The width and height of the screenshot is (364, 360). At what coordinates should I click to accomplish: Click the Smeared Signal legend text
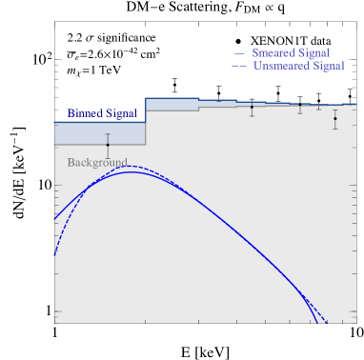(x=291, y=52)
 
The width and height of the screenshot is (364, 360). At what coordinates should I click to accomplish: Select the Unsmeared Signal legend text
(x=298, y=66)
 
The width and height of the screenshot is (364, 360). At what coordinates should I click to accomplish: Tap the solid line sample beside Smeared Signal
(x=239, y=53)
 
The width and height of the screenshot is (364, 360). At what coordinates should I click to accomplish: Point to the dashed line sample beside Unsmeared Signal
(x=239, y=67)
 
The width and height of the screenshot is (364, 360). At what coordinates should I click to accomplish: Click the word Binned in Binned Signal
(x=83, y=113)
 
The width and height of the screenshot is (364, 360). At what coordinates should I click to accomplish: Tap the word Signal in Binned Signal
(x=120, y=113)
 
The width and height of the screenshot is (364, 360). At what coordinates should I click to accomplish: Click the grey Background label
(x=97, y=163)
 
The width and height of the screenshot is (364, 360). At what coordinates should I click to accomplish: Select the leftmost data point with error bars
(x=108, y=145)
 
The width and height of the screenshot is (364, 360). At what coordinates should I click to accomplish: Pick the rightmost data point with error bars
(x=335, y=119)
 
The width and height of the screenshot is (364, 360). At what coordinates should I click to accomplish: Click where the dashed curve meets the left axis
(x=55, y=254)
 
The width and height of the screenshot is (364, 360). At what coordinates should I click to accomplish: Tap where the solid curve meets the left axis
(x=55, y=219)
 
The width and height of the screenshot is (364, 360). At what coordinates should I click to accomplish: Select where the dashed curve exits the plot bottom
(x=328, y=322)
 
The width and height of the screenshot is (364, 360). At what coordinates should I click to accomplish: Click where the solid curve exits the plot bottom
(x=315, y=322)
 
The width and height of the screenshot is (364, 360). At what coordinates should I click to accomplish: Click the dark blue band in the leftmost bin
(x=99, y=132)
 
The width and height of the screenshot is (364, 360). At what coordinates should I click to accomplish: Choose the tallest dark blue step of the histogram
(x=172, y=103)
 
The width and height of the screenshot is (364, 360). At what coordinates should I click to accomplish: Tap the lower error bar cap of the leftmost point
(x=108, y=158)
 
